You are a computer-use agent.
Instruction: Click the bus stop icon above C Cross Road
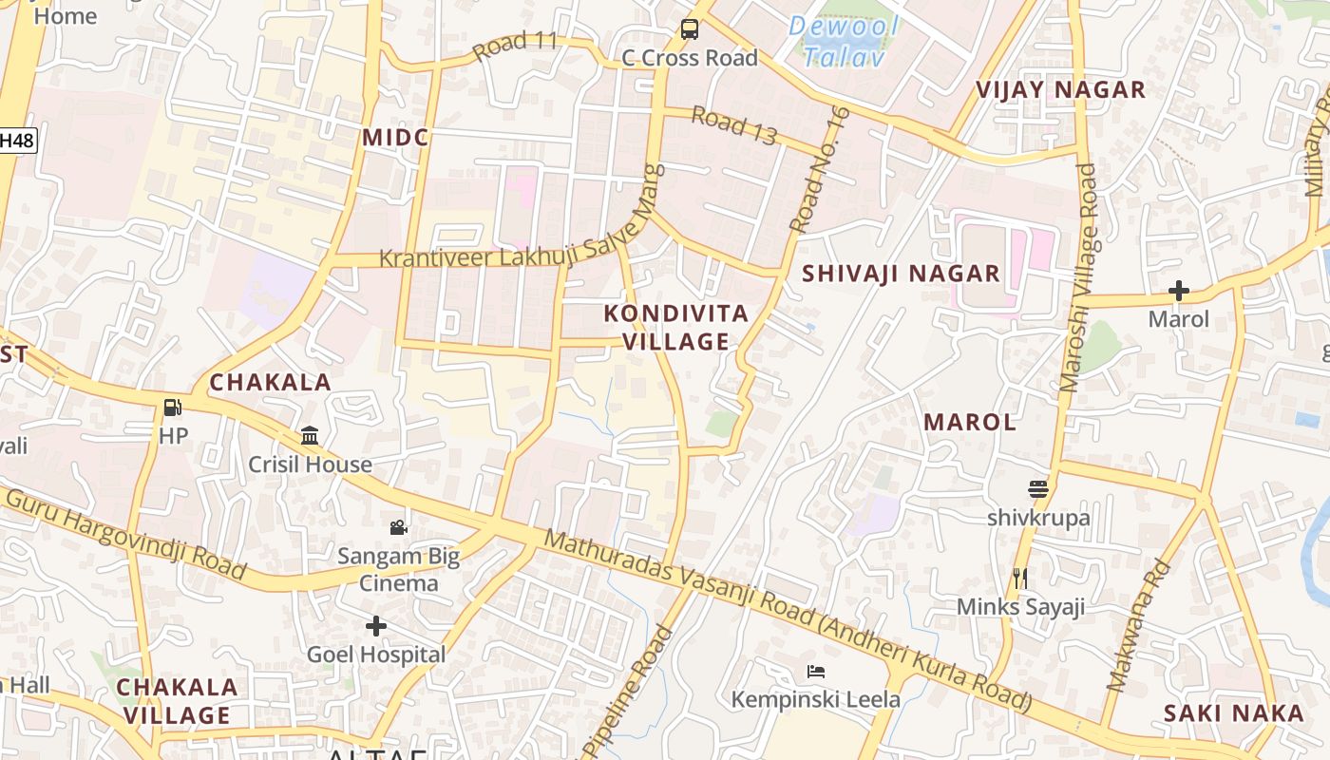click(690, 29)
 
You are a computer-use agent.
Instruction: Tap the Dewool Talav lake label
click(844, 41)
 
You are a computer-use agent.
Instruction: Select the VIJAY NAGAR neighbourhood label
click(1061, 90)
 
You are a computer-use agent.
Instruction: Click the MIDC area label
click(395, 138)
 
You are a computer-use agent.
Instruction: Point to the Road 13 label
click(733, 126)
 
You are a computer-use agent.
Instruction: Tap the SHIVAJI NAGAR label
click(901, 275)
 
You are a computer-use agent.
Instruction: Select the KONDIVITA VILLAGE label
click(676, 328)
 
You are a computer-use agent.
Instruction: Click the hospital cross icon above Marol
click(1179, 291)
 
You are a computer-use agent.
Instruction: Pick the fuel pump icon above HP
click(173, 408)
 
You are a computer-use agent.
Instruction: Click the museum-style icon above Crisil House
click(310, 436)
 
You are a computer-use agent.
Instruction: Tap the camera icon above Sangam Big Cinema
click(399, 527)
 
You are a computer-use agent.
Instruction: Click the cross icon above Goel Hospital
click(376, 626)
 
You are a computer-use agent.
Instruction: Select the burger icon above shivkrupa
click(1037, 489)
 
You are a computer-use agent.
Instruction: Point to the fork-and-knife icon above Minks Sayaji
click(1020, 578)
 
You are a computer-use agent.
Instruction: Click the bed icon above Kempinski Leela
click(815, 672)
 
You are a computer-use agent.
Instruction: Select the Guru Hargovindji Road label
click(125, 535)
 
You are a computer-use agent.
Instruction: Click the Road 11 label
click(514, 45)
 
